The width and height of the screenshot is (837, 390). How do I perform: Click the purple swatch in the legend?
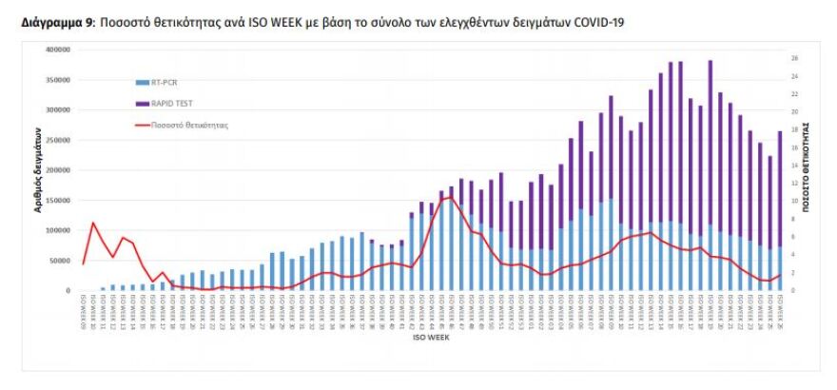pyautogui.click(x=142, y=104)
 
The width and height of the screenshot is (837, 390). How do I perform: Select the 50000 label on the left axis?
pyautogui.click(x=61, y=261)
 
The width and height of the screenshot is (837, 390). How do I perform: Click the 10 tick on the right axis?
pyautogui.click(x=794, y=202)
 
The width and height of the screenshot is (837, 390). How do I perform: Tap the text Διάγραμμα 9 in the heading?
pyautogui.click(x=54, y=20)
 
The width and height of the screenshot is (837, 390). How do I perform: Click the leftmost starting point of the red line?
pyautogui.click(x=84, y=263)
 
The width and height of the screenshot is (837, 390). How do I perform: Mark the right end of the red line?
pyautogui.click(x=781, y=275)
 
